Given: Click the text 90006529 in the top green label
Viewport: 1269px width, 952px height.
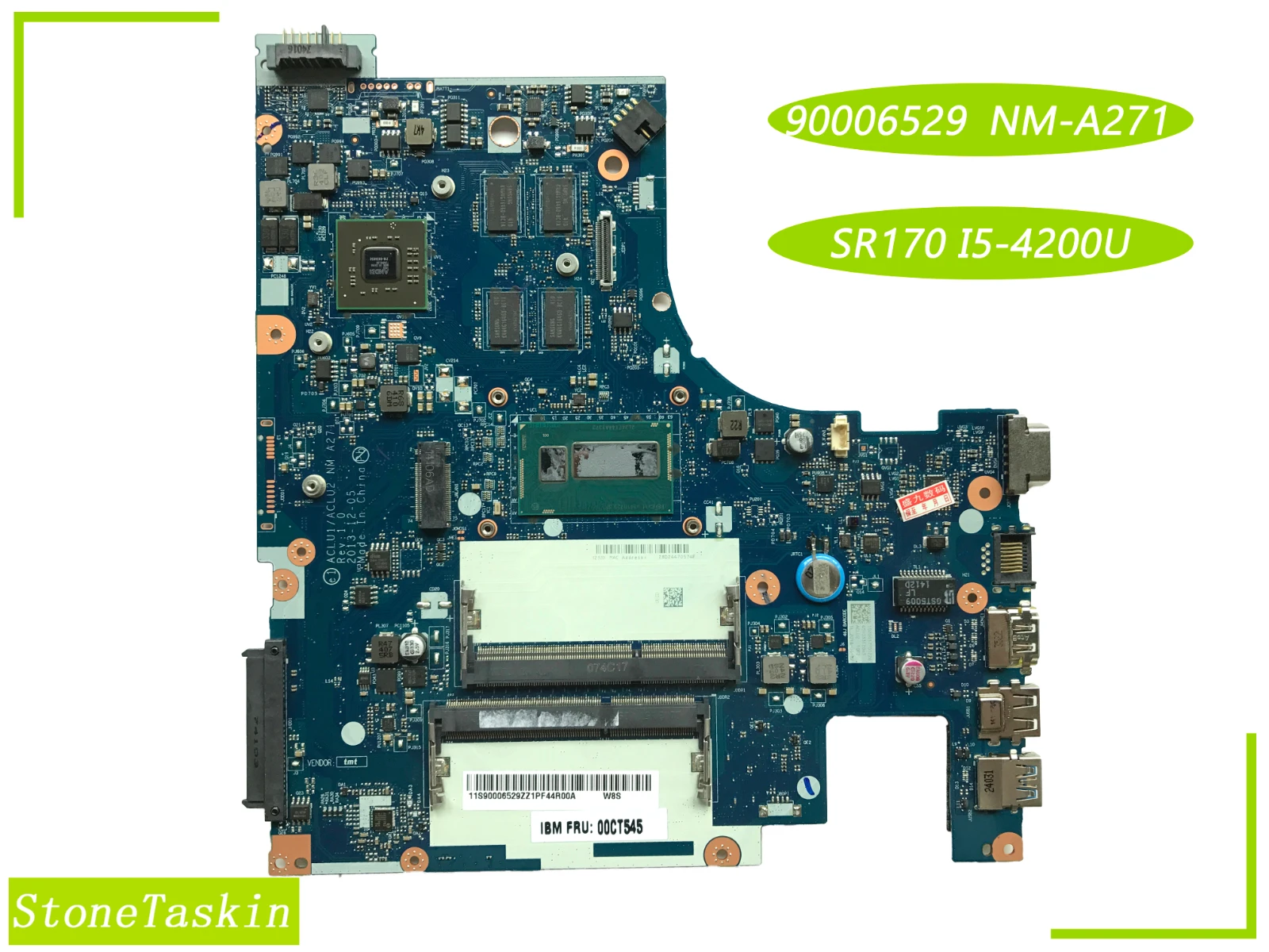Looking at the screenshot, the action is point(876,121).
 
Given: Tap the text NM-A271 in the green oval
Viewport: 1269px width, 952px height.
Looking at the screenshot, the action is point(1079,121).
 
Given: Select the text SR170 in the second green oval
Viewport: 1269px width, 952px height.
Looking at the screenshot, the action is point(887,244).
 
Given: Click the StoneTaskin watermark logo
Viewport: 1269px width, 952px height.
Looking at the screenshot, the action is point(152,911).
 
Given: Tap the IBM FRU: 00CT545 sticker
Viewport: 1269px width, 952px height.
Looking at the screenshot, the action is point(591,827).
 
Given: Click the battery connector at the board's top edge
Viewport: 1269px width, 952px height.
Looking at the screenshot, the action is point(314,53).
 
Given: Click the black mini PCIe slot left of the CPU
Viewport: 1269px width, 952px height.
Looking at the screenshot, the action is point(432,484).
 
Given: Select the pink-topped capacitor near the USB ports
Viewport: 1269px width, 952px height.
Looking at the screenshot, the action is point(911,670).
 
